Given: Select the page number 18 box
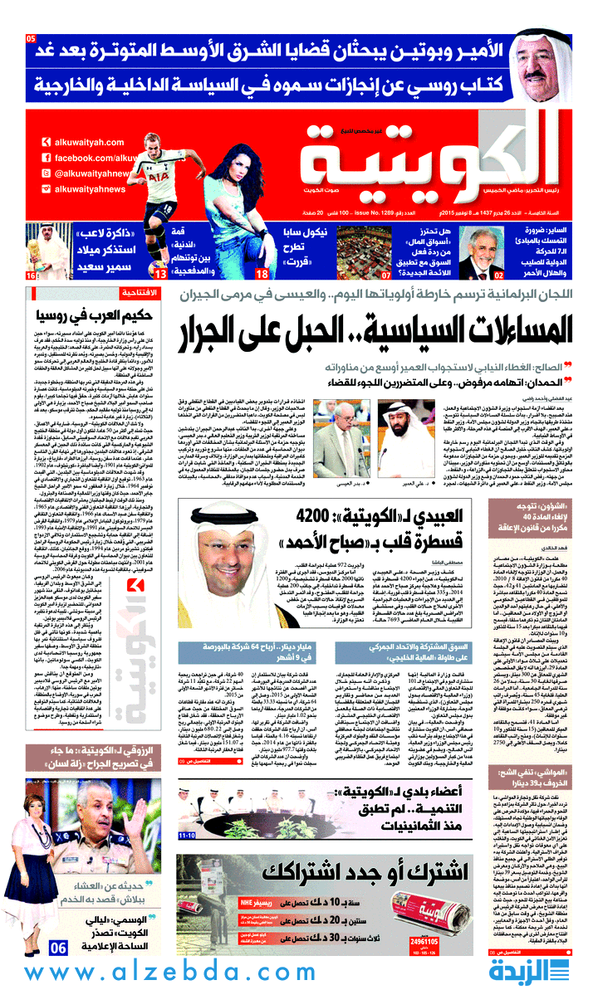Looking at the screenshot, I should click(x=261, y=274).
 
